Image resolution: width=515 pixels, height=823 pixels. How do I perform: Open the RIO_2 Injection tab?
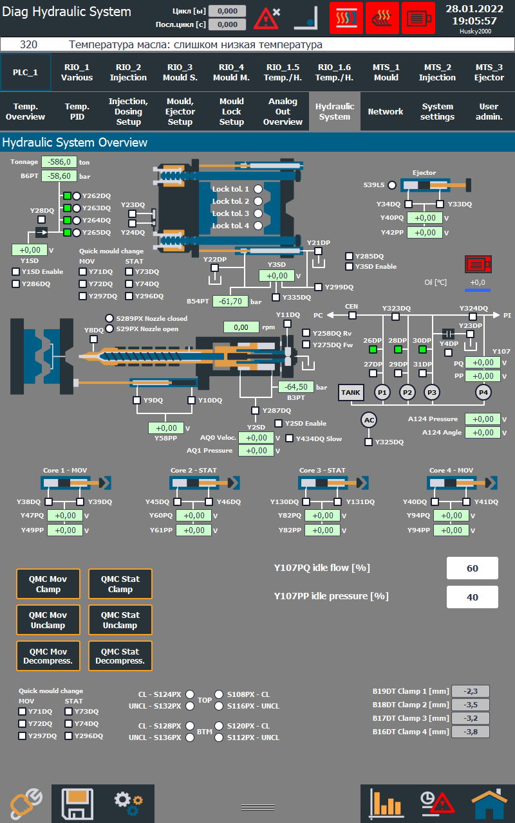[x=128, y=72]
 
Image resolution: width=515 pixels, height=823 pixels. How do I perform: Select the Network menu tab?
[x=386, y=112]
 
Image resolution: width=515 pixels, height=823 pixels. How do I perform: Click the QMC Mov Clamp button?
[x=48, y=584]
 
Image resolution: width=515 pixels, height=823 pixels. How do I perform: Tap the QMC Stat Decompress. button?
[x=120, y=656]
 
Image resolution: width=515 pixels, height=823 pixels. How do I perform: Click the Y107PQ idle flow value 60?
[x=473, y=568]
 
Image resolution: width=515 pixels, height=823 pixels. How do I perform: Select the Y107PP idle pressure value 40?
[x=473, y=597]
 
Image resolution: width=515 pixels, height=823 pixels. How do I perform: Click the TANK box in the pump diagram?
[x=351, y=392]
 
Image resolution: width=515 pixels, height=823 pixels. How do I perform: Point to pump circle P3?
[x=432, y=392]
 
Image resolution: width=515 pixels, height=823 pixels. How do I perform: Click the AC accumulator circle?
[x=369, y=420]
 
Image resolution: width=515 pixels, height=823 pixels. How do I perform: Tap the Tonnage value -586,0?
[x=59, y=162]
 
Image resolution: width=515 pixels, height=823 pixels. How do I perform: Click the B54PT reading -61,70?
[x=230, y=301]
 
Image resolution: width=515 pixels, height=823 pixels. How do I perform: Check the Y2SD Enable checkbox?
[x=279, y=423]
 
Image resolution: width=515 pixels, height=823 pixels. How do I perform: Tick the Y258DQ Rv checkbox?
[x=306, y=333]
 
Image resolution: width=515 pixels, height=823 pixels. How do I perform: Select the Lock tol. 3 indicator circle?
[x=258, y=213]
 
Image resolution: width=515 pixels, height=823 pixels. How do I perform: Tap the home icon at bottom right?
[x=489, y=804]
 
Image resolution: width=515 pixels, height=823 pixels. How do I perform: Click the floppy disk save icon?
[x=77, y=804]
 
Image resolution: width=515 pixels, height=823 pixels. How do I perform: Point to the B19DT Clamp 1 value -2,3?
[x=470, y=691]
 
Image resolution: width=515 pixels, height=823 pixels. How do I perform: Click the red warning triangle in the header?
[x=265, y=19]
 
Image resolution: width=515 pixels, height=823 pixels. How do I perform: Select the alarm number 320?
[x=28, y=45]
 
